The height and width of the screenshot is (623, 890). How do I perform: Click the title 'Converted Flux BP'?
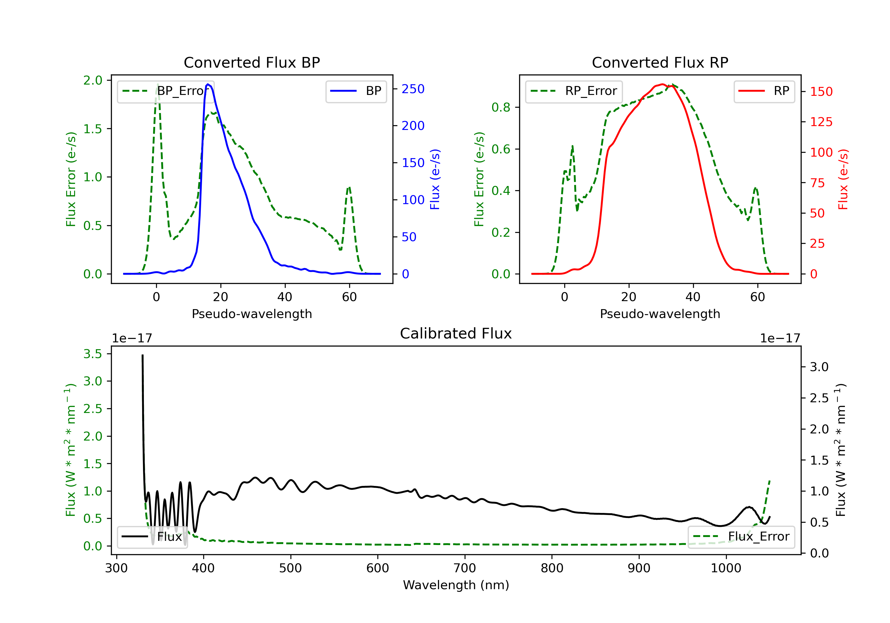click(252, 62)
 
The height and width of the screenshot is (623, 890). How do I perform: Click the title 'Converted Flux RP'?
click(660, 62)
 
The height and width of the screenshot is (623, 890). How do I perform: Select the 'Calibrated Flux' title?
click(456, 333)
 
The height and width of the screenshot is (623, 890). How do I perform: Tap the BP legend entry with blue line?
click(356, 91)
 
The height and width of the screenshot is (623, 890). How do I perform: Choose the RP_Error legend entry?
click(574, 91)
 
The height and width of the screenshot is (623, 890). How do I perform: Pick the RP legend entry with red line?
click(764, 91)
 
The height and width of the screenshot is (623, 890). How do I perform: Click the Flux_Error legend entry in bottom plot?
click(741, 537)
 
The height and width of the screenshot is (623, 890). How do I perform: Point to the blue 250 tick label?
click(413, 89)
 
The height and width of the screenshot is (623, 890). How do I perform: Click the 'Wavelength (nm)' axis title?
click(456, 585)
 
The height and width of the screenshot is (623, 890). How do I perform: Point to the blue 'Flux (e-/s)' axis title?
click(435, 179)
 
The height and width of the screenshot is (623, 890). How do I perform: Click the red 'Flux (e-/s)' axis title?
click(843, 179)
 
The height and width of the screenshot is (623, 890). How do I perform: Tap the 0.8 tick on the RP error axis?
click(501, 107)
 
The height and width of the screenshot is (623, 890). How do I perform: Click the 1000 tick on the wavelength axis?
click(726, 568)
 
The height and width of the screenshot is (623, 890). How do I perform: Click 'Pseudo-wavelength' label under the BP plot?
click(252, 314)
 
